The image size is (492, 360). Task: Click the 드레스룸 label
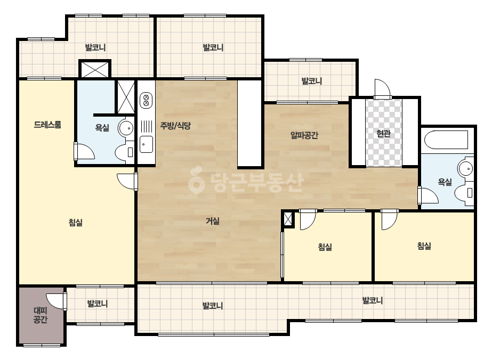pyautogui.click(x=47, y=125)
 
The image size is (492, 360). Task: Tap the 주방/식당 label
pyautogui.click(x=175, y=126)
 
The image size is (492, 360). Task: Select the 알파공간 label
pyautogui.click(x=304, y=135)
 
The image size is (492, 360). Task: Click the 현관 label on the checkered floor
pyautogui.click(x=383, y=133)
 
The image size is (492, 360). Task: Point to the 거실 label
pyautogui.click(x=213, y=221)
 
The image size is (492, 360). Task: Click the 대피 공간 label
pyautogui.click(x=41, y=315)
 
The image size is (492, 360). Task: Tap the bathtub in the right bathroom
pyautogui.click(x=446, y=140)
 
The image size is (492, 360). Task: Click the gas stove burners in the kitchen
pyautogui.click(x=146, y=100)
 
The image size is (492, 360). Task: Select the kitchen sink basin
pyautogui.click(x=146, y=144)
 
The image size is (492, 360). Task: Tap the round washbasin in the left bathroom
pyautogui.click(x=126, y=128)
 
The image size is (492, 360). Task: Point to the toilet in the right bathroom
pyautogui.click(x=464, y=193)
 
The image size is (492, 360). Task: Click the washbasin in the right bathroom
pyautogui.click(x=466, y=169)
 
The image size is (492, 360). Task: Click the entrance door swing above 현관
pyautogui.click(x=382, y=88)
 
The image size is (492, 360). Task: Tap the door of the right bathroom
pyautogui.click(x=428, y=195)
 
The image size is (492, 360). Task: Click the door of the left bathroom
pyautogui.click(x=84, y=151)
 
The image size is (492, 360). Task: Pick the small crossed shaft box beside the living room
pyautogui.click(x=288, y=219)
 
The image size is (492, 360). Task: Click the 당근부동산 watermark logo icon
pyautogui.click(x=196, y=180)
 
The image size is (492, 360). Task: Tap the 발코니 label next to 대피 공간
pyautogui.click(x=97, y=303)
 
